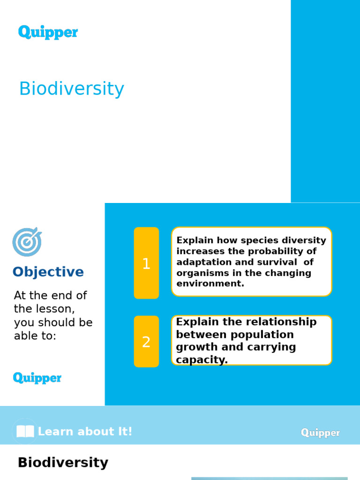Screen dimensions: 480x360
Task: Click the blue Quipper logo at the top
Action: pyautogui.click(x=48, y=32)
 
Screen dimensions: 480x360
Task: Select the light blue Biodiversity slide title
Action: pyautogui.click(x=71, y=89)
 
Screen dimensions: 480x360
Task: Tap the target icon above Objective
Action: pyautogui.click(x=27, y=242)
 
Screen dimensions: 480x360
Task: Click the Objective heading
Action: pyautogui.click(x=48, y=272)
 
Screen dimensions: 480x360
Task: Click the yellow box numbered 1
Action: pyautogui.click(x=146, y=263)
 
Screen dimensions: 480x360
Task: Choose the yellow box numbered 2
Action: pyautogui.click(x=146, y=342)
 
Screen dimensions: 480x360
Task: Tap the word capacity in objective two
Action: pyautogui.click(x=202, y=360)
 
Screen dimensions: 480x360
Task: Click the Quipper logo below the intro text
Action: pyautogui.click(x=37, y=378)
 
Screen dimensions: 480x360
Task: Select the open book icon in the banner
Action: pyautogui.click(x=25, y=431)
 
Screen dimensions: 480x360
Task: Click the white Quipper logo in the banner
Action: pyautogui.click(x=320, y=433)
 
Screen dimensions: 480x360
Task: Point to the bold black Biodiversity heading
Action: pyautogui.click(x=63, y=463)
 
